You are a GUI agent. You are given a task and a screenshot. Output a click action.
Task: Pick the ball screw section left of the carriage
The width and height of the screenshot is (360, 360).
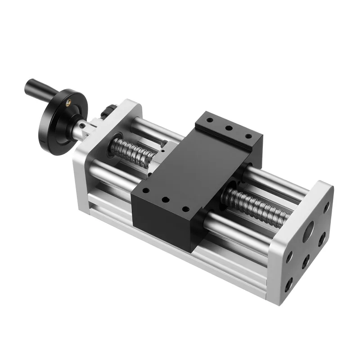[133, 150]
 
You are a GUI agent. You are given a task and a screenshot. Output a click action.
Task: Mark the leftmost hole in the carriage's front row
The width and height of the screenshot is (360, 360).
[145, 191]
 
